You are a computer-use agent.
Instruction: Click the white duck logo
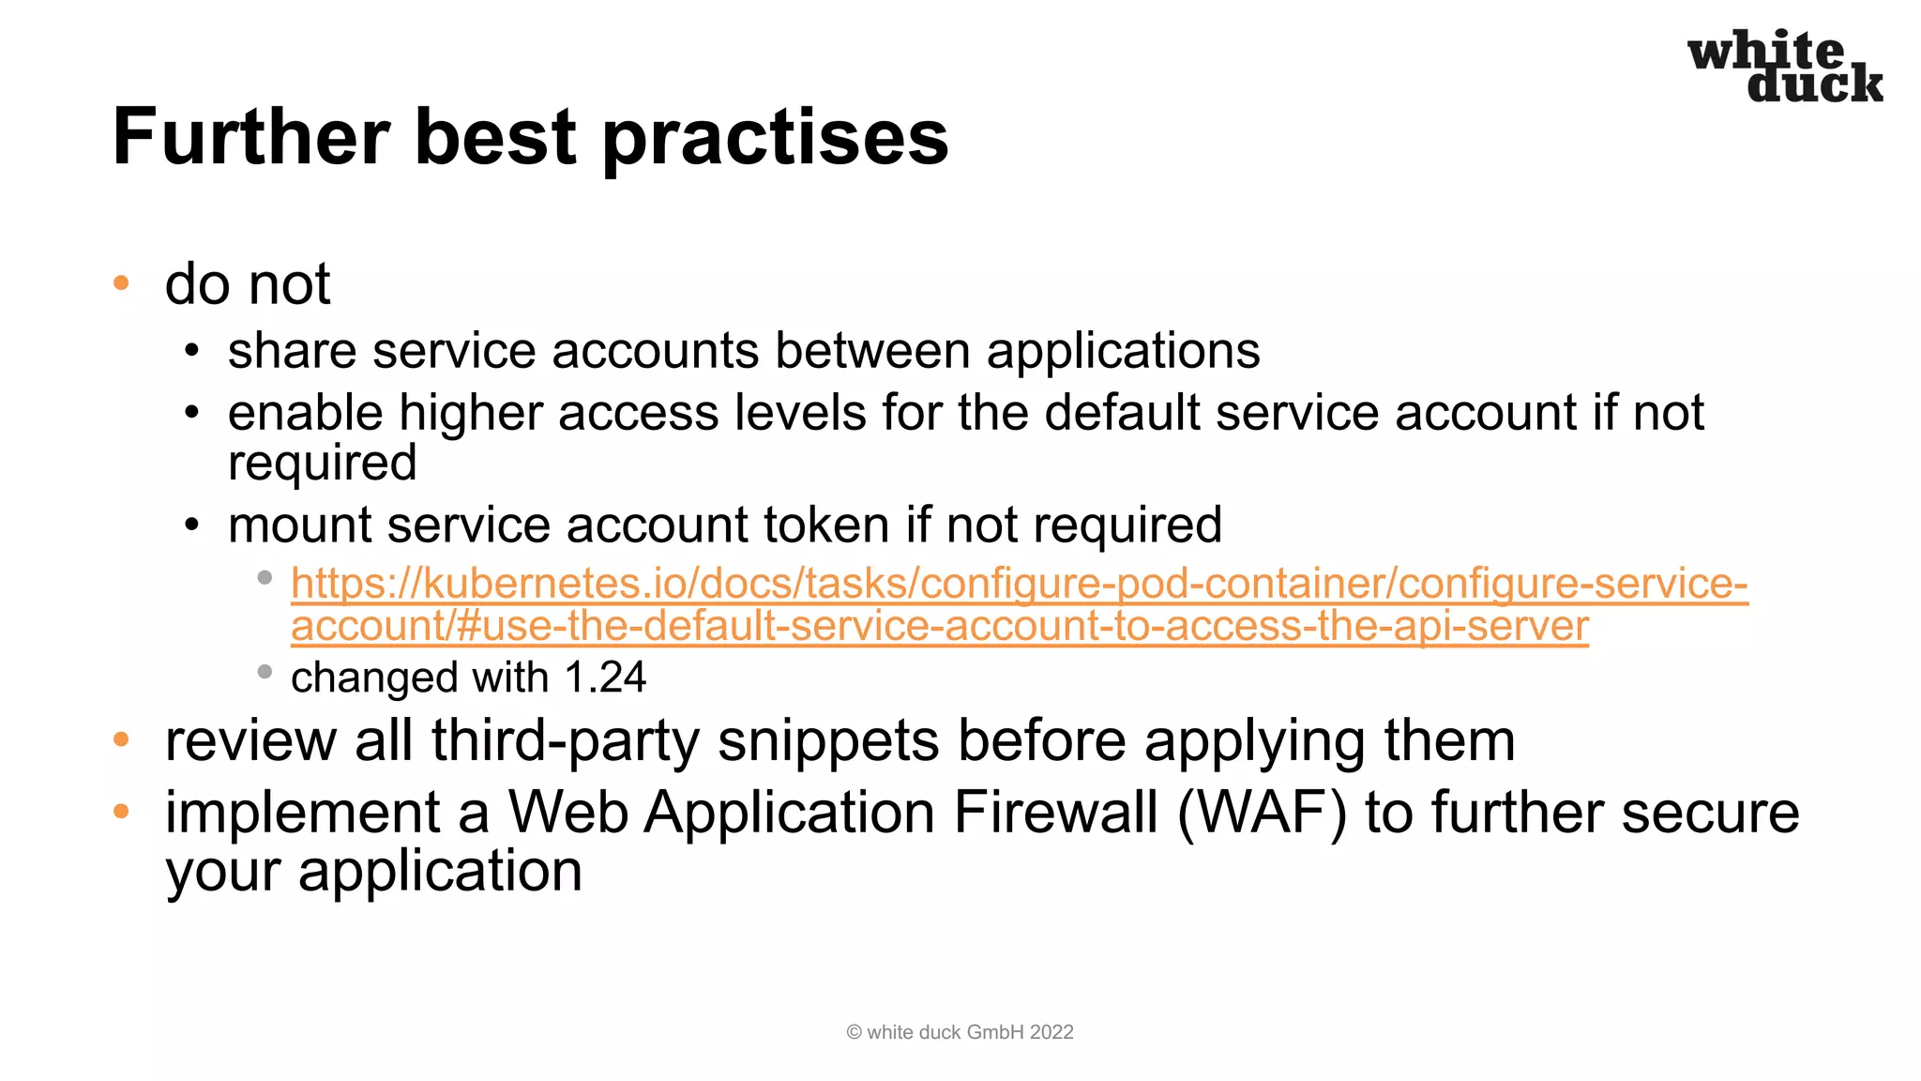[1785, 67]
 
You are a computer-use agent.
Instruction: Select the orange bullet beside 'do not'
[121, 283]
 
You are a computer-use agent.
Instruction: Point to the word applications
[1123, 351]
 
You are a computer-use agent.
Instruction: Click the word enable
[306, 413]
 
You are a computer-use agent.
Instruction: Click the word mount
[299, 525]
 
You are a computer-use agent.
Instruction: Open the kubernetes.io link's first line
[1019, 584]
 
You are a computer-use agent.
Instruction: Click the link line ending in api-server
[939, 626]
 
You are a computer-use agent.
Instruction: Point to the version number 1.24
[605, 678]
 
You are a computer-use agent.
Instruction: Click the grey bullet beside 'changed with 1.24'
[265, 672]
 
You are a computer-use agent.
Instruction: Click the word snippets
[827, 740]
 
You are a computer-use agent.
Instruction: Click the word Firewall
[1055, 812]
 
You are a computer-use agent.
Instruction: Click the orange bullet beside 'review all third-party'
[121, 739]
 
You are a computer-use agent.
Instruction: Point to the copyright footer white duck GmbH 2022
[960, 1032]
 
